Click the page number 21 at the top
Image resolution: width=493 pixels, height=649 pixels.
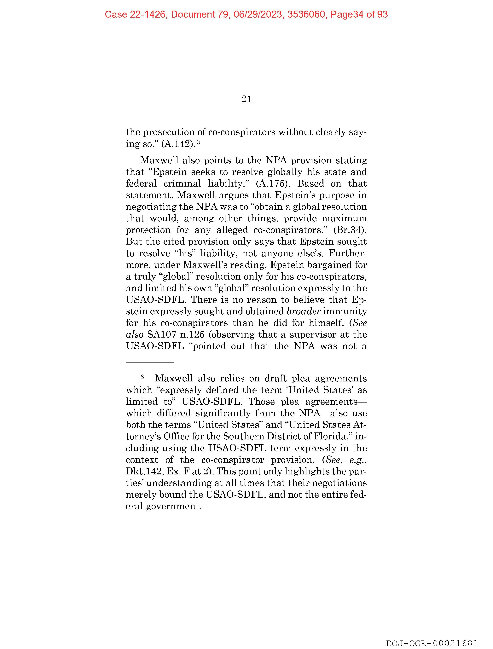click(x=246, y=99)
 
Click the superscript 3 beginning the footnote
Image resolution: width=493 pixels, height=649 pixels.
click(x=142, y=376)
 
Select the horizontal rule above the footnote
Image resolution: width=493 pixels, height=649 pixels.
click(x=150, y=363)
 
